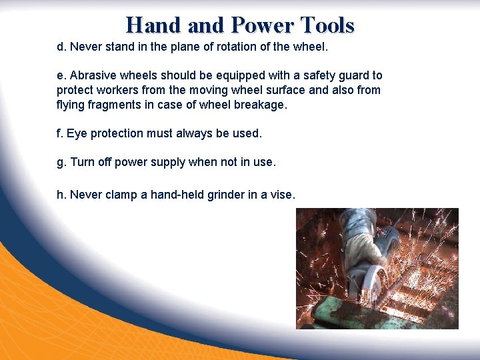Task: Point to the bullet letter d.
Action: coord(60,47)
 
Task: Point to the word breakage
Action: coord(255,104)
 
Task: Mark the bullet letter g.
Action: coord(61,163)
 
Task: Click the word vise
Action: coord(281,194)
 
